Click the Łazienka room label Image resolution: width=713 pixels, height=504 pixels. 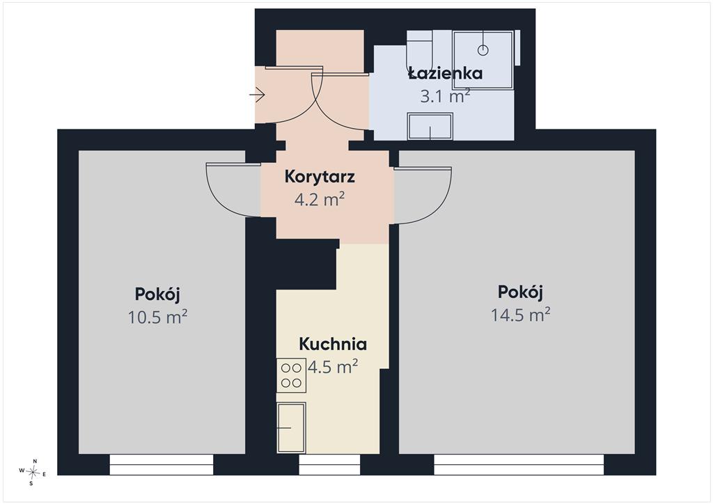click(x=445, y=72)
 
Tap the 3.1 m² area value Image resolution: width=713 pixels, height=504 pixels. click(x=445, y=96)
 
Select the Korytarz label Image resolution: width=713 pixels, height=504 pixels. click(x=320, y=177)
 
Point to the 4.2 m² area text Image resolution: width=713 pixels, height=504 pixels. click(x=320, y=199)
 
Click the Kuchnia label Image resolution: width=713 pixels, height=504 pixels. click(x=333, y=344)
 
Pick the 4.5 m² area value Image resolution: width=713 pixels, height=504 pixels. click(x=333, y=366)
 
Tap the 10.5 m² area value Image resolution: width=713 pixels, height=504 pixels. click(x=157, y=317)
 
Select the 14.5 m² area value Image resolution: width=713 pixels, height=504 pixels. click(x=521, y=315)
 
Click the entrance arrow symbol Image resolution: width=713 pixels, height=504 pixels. click(x=258, y=95)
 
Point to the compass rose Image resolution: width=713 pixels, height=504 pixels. click(x=32, y=472)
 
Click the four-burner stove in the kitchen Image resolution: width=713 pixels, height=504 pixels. click(x=291, y=375)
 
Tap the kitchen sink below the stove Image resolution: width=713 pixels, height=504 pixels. click(x=291, y=427)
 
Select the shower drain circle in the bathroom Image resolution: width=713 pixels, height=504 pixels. click(x=483, y=50)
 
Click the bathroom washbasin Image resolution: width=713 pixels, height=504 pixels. click(x=430, y=126)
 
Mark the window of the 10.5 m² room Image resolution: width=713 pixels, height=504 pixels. click(x=162, y=464)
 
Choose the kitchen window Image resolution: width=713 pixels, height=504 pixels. click(x=329, y=464)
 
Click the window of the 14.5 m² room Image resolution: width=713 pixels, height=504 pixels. click(x=519, y=464)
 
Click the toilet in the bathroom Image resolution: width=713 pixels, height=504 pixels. click(x=419, y=51)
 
